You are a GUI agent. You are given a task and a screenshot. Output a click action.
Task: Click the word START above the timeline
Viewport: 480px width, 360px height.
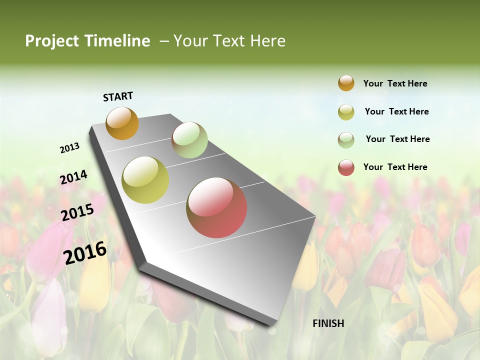tap(118, 96)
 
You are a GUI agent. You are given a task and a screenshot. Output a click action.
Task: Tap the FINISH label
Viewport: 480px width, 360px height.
tap(328, 323)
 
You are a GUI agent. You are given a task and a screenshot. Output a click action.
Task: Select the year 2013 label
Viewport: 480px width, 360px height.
tap(69, 148)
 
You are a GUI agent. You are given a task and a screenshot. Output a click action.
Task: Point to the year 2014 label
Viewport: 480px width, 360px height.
tap(73, 177)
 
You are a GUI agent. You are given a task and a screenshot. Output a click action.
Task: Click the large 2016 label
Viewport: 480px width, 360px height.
tap(85, 252)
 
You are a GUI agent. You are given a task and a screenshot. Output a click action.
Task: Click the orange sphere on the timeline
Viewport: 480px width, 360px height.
tap(122, 123)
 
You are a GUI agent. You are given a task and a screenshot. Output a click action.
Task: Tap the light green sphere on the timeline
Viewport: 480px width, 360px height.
tap(189, 140)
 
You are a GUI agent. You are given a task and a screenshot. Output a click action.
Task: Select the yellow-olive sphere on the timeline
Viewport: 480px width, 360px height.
tap(145, 180)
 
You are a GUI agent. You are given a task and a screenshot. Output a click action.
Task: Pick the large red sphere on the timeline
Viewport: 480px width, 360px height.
tap(216, 208)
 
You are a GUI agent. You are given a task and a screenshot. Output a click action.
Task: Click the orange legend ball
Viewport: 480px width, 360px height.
tap(346, 83)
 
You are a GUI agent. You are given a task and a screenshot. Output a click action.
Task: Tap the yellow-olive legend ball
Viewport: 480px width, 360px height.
tap(346, 112)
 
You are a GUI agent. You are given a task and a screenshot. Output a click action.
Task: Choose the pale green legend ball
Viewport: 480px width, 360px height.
tap(346, 140)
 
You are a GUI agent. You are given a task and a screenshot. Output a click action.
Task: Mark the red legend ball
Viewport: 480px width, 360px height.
tap(346, 167)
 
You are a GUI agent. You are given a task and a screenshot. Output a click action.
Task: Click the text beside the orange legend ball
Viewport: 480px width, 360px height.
tap(395, 84)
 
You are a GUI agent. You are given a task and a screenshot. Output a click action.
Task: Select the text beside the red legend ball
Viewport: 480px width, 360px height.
tap(395, 167)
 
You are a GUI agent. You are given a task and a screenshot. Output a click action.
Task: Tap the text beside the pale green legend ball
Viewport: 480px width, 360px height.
tap(397, 139)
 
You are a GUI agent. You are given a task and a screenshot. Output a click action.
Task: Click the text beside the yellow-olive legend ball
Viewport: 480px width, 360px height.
tap(396, 111)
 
